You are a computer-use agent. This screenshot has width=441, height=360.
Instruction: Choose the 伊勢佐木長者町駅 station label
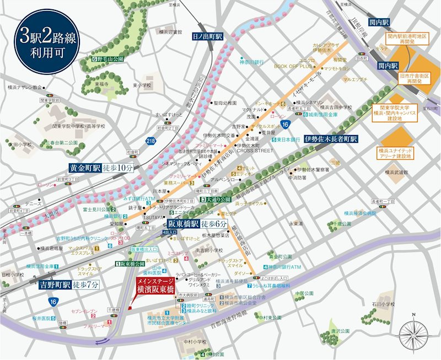tap(331, 139)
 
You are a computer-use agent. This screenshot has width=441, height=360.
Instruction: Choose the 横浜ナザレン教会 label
tap(21, 87)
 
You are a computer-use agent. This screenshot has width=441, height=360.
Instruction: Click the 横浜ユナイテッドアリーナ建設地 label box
tap(395, 153)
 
